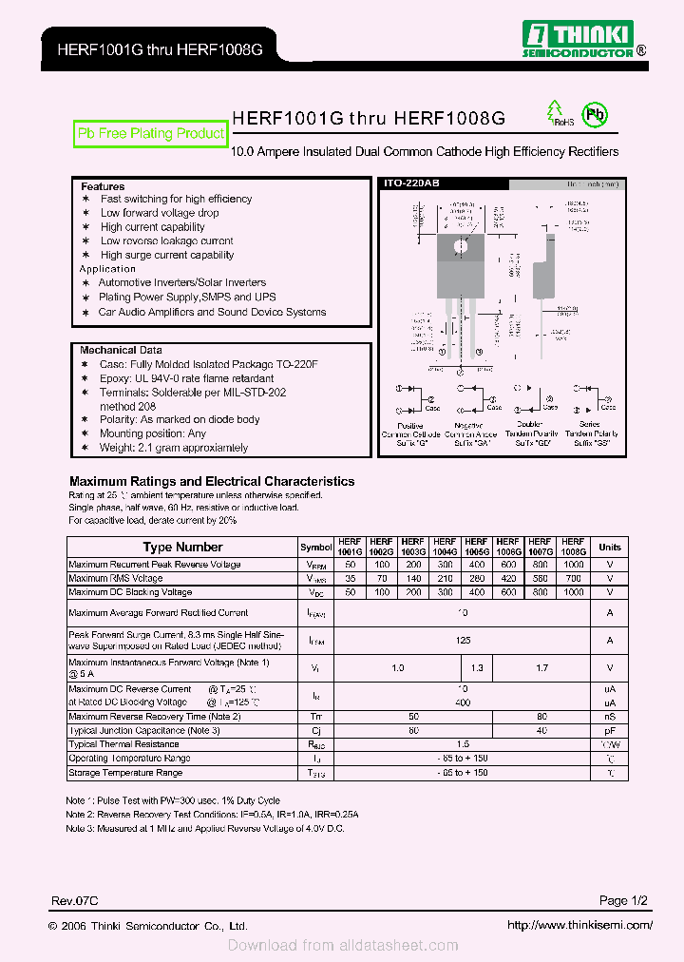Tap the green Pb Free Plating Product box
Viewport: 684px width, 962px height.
click(151, 134)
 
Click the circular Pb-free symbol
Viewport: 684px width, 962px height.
click(595, 115)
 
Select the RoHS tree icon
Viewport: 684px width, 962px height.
click(555, 114)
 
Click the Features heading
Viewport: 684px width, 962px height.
click(103, 186)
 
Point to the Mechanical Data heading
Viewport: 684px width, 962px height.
click(121, 350)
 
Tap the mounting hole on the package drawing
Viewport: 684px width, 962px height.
click(461, 246)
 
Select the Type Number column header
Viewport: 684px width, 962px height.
click(182, 547)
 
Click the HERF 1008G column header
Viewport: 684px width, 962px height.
click(573, 546)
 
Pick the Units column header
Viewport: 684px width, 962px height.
click(610, 547)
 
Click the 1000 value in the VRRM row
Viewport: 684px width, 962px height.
click(573, 565)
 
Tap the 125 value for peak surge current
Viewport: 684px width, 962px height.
click(463, 641)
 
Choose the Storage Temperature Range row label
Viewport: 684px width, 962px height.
click(125, 773)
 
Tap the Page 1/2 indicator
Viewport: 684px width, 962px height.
click(623, 900)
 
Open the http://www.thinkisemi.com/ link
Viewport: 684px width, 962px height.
click(579, 925)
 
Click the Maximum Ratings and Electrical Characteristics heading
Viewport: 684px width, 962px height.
click(212, 481)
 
